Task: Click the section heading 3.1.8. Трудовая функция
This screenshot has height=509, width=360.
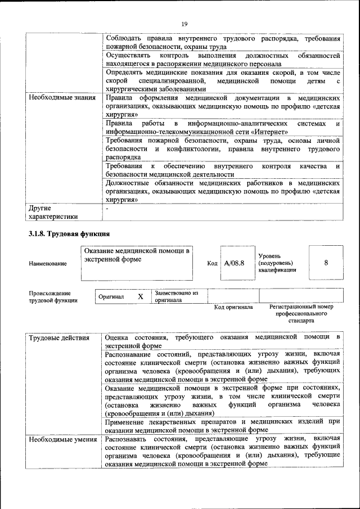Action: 69,233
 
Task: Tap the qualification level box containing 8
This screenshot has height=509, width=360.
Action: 326,262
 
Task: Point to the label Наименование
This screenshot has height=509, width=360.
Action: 47,263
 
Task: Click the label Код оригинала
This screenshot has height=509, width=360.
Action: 233,307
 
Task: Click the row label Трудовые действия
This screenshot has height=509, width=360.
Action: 59,337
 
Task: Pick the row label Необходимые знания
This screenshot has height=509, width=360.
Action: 61,98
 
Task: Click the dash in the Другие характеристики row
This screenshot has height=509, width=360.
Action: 106,208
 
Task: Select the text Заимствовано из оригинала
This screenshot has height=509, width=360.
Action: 177,296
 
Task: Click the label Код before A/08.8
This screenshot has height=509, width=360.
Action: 212,263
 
